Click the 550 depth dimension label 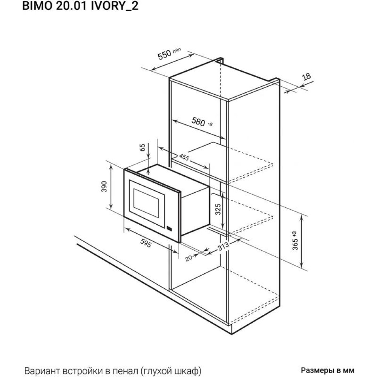tap(164, 55)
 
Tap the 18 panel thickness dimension tap(306, 77)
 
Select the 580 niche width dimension tap(198, 122)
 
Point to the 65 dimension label tap(143, 147)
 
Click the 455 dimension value tap(184, 157)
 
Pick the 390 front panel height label tap(104, 187)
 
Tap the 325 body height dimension tap(218, 209)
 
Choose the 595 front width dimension tap(146, 244)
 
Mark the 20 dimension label tap(189, 258)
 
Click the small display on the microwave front tap(169, 228)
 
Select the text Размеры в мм tap(328, 370)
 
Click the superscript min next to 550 tap(177, 50)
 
